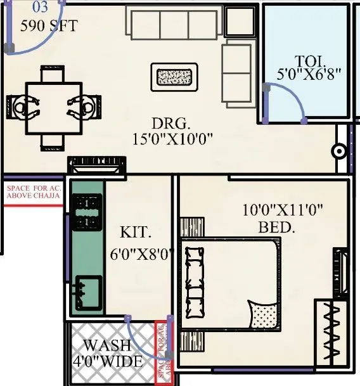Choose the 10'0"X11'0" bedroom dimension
click(x=280, y=210)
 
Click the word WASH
click(x=108, y=346)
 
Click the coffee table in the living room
click(x=176, y=77)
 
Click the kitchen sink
click(x=87, y=292)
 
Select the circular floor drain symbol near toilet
click(x=340, y=151)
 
